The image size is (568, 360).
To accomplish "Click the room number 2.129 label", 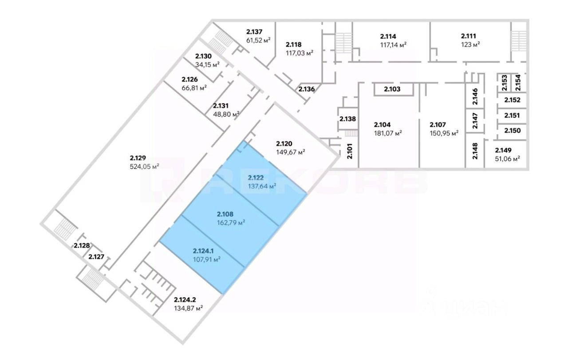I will (x=138, y=158).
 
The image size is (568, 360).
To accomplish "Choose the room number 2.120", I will (x=284, y=143).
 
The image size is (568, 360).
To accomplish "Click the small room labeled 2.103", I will (x=393, y=89).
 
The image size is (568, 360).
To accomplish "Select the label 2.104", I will (x=383, y=124).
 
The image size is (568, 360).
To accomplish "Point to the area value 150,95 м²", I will (x=444, y=133).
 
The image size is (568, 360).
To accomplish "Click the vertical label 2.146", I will (x=475, y=97).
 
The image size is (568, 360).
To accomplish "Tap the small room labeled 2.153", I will (x=504, y=83).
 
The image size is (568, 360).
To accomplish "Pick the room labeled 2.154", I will (x=518, y=83).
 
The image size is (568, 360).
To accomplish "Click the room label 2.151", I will (x=512, y=115).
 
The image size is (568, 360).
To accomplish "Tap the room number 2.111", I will (x=469, y=36).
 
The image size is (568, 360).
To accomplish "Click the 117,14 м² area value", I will (x=393, y=44).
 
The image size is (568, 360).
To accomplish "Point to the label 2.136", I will (x=307, y=89).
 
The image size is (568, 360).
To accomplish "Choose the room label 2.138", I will (x=347, y=119).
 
